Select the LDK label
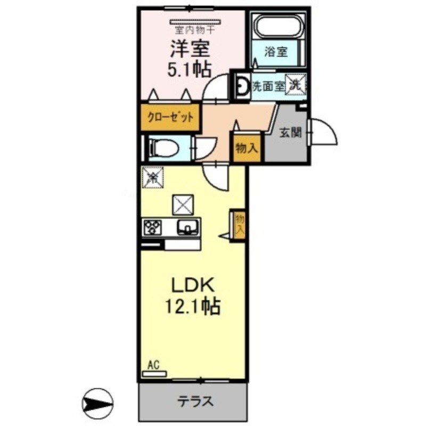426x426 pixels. (x=193, y=286)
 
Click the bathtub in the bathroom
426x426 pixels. (x=278, y=26)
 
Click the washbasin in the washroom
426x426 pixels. (x=242, y=85)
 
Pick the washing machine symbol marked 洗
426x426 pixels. (x=296, y=84)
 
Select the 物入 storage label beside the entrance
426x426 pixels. (x=247, y=149)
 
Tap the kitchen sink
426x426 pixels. (x=187, y=227)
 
